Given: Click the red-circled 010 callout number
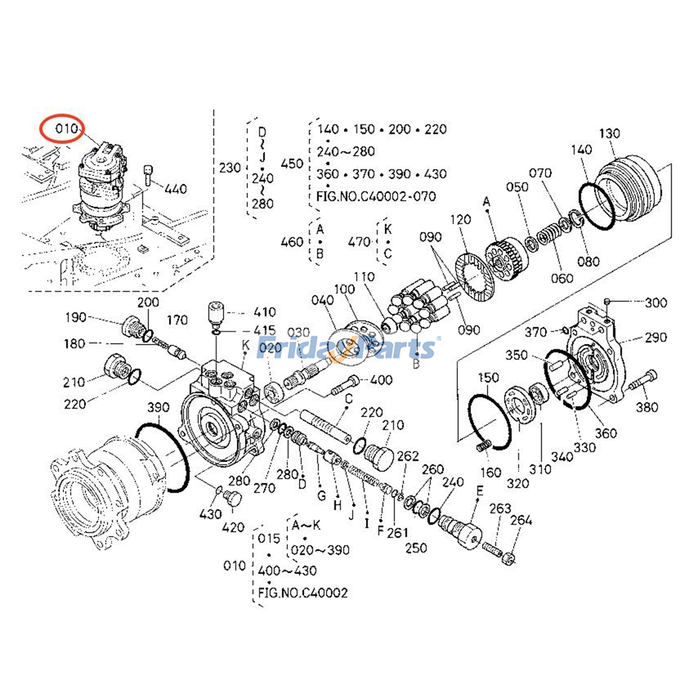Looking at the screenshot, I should coord(66,129).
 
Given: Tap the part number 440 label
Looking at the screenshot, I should coord(176,189).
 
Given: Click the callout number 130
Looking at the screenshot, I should coord(609,133).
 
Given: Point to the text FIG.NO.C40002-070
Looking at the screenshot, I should coord(376,197).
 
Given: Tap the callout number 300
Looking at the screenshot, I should coord(656,302).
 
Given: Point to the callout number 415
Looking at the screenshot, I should coord(264,330).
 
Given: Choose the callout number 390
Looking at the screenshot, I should coord(158,407).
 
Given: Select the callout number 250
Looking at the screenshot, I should coord(416,548).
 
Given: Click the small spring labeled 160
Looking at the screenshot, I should coord(483,446).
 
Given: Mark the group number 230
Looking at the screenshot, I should coord(230,168).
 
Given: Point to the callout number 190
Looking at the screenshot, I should coord(75,317).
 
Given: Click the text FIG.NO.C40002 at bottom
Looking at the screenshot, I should coord(303,593).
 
